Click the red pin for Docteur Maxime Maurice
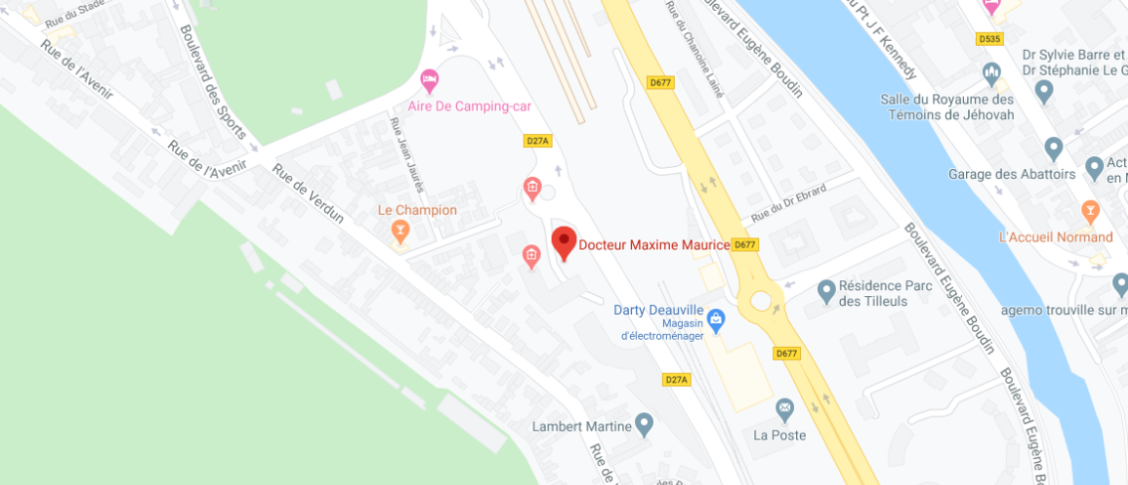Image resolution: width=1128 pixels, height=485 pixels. click(x=564, y=242)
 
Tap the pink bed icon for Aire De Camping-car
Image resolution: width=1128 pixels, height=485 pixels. click(x=429, y=78)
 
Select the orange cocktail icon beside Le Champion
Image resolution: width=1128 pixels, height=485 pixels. click(x=401, y=232)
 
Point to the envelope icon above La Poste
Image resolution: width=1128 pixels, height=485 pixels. click(x=785, y=407)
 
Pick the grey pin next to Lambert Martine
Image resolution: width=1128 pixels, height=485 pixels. click(x=645, y=426)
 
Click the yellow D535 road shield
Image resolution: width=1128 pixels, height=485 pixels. click(x=989, y=39)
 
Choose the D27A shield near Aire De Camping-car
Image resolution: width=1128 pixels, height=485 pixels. click(x=537, y=141)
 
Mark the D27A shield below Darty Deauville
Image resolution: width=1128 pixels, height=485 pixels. click(x=676, y=380)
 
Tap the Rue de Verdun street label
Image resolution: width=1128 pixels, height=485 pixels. click(x=308, y=194)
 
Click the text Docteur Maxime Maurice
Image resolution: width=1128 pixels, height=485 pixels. click(x=654, y=244)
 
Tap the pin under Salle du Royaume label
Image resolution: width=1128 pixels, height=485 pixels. click(x=1044, y=92)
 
